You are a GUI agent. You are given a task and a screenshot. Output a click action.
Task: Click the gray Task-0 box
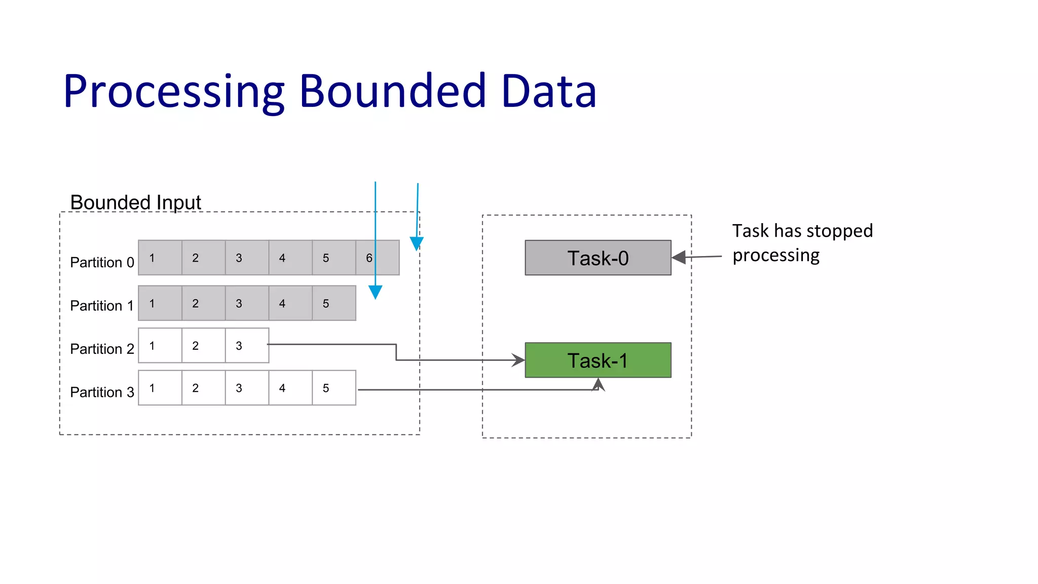tap(598, 258)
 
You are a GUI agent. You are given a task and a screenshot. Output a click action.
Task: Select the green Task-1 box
tap(598, 360)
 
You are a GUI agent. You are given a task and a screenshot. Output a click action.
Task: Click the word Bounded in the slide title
tap(393, 91)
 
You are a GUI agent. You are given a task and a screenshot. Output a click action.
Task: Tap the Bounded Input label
tap(135, 202)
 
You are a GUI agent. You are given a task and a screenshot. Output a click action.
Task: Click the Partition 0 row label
tap(102, 263)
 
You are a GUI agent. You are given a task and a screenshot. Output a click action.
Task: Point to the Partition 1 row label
tap(102, 306)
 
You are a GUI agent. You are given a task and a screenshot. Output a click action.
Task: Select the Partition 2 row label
tap(102, 349)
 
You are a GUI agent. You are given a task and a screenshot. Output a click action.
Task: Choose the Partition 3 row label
tap(102, 392)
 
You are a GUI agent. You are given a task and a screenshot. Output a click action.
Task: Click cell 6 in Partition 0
tap(377, 258)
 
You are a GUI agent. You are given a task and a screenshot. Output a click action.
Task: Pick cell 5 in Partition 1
tap(333, 303)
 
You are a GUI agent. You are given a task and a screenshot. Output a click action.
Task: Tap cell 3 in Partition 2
tap(247, 346)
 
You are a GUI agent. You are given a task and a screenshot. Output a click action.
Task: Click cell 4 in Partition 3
tap(290, 388)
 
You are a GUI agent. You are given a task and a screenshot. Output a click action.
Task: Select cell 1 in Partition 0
tap(160, 258)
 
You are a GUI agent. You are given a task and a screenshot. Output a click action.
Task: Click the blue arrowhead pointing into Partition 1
tap(375, 291)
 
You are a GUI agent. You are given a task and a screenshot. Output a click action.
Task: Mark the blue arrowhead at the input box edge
tap(417, 243)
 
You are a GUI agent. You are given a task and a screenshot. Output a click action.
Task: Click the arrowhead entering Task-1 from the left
tap(518, 360)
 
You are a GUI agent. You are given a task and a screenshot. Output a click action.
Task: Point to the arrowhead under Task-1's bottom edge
tap(599, 384)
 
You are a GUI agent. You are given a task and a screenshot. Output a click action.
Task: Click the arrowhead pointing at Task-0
tap(679, 258)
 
